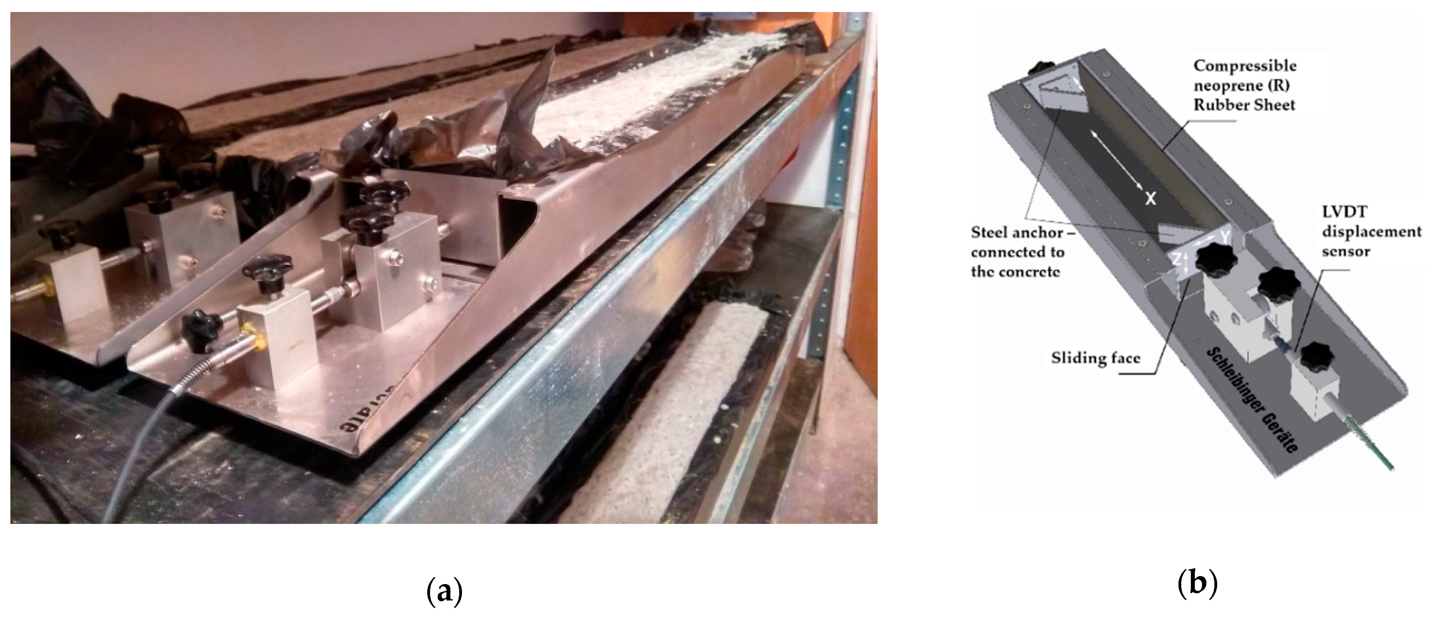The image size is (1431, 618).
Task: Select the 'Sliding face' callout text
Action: [x=1095, y=358]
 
